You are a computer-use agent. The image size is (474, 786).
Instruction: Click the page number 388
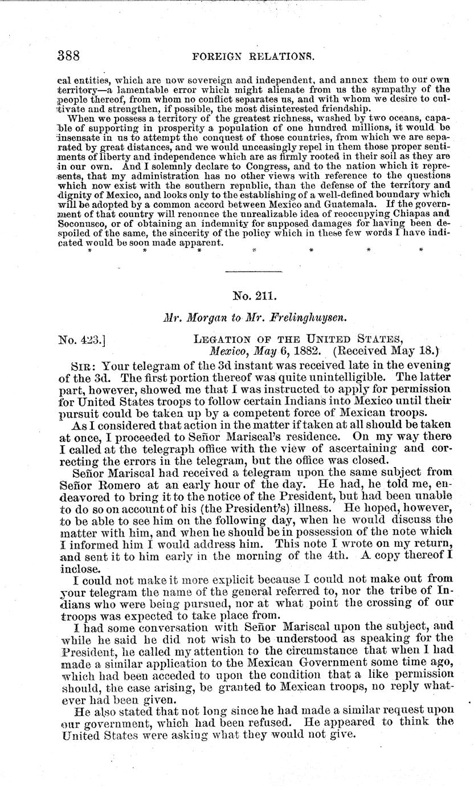(68, 56)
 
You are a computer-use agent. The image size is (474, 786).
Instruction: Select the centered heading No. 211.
(254, 296)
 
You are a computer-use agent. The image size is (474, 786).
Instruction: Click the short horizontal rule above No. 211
(254, 271)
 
